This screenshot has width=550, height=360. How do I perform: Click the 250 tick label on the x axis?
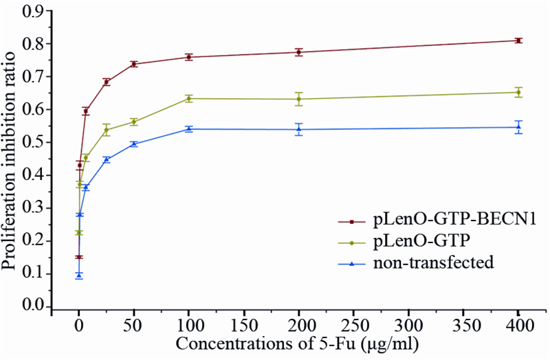(353, 323)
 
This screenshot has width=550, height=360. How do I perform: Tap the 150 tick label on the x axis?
(243, 323)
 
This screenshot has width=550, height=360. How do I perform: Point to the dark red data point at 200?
(298, 52)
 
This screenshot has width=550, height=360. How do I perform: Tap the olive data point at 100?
(188, 98)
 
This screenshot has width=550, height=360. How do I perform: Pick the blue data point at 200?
(298, 129)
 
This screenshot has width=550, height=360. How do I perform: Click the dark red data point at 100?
(188, 57)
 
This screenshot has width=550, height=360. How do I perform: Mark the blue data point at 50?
(134, 144)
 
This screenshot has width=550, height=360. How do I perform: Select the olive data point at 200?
(298, 99)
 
